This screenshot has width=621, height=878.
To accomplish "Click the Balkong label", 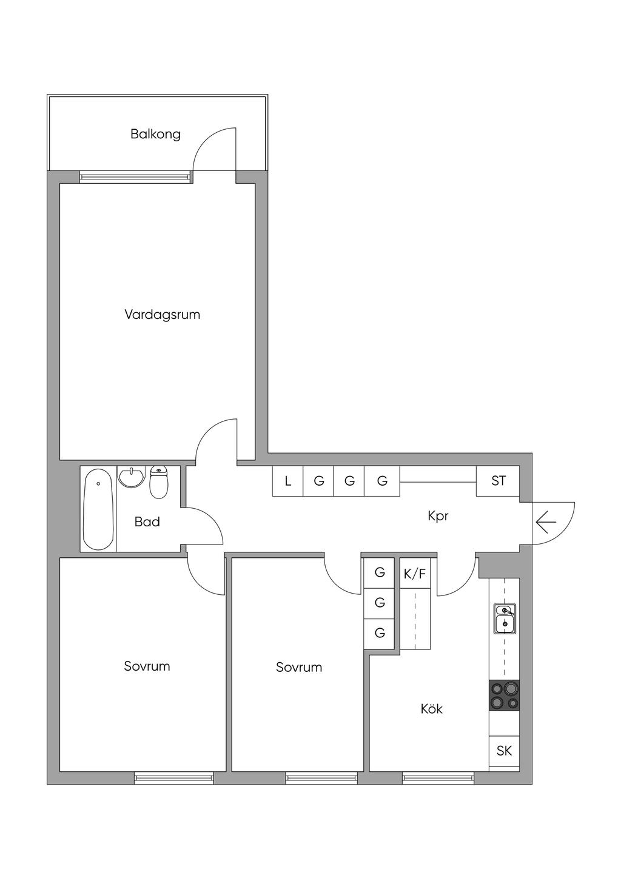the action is (x=155, y=135).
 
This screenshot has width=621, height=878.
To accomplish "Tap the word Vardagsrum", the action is (x=163, y=315).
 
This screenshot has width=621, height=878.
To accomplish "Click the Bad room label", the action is (x=147, y=521).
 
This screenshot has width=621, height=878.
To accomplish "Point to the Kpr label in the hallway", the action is (x=438, y=516).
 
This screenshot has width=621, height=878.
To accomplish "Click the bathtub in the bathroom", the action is (x=98, y=509).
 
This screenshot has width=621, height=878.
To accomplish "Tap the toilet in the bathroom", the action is (x=159, y=482).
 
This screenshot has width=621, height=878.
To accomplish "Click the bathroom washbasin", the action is (x=132, y=477).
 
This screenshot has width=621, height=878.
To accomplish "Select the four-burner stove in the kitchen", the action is (x=504, y=695).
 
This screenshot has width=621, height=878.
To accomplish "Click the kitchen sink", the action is (x=505, y=619).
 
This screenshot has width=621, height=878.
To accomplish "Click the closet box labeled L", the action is (x=288, y=481).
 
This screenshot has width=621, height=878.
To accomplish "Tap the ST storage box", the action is (x=498, y=481).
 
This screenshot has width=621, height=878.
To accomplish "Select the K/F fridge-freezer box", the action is (x=415, y=574).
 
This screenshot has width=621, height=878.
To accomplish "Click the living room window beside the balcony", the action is (x=136, y=177).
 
